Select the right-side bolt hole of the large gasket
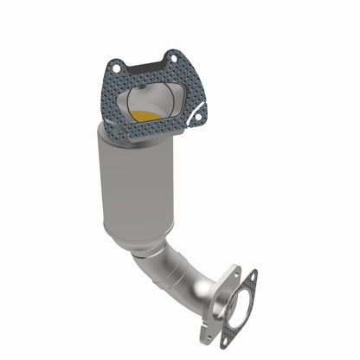(201, 110)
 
